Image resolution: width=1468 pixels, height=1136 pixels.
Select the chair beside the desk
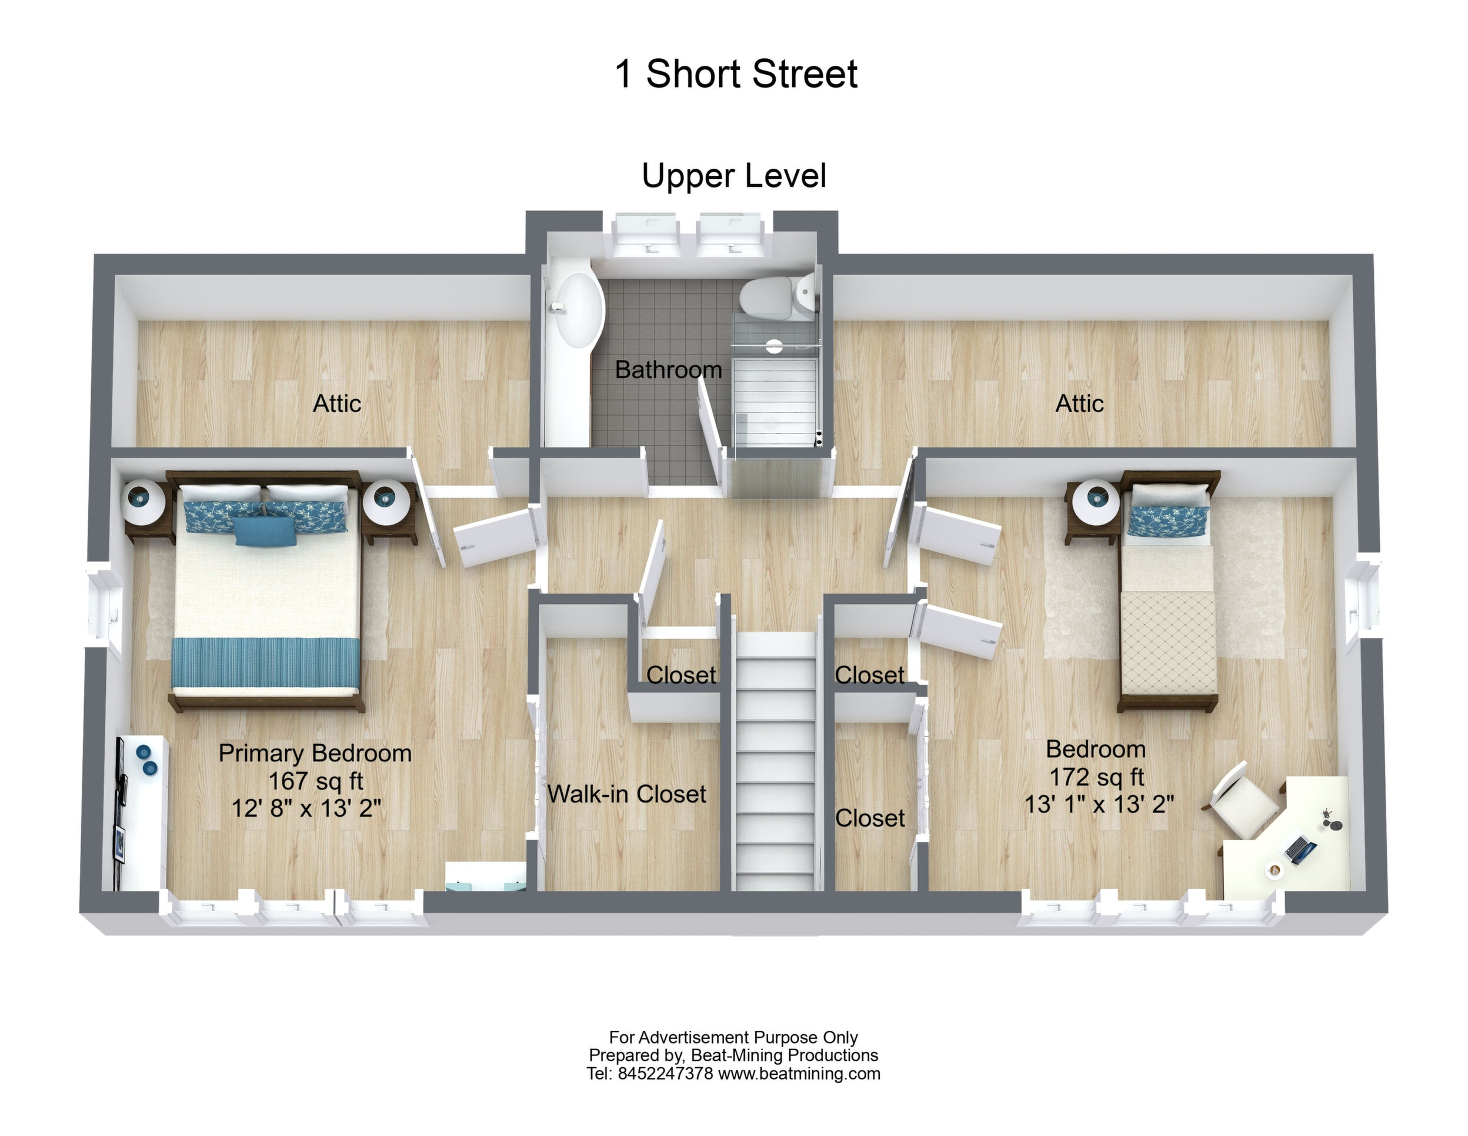1243,800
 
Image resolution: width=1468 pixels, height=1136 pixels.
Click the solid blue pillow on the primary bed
265,530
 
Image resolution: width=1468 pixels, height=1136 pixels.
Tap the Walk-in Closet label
626,794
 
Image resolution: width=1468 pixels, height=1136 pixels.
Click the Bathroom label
668,369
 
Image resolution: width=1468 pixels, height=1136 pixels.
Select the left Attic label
337,403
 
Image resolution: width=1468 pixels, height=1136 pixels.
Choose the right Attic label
1079,403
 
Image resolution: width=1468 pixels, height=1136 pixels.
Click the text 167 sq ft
315,780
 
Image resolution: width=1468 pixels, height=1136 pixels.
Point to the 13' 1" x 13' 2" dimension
1099,804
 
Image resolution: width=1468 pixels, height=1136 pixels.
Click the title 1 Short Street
736,73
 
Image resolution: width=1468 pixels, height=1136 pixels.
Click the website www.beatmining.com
799,1074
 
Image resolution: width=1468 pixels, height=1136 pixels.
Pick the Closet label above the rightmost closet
870,674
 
